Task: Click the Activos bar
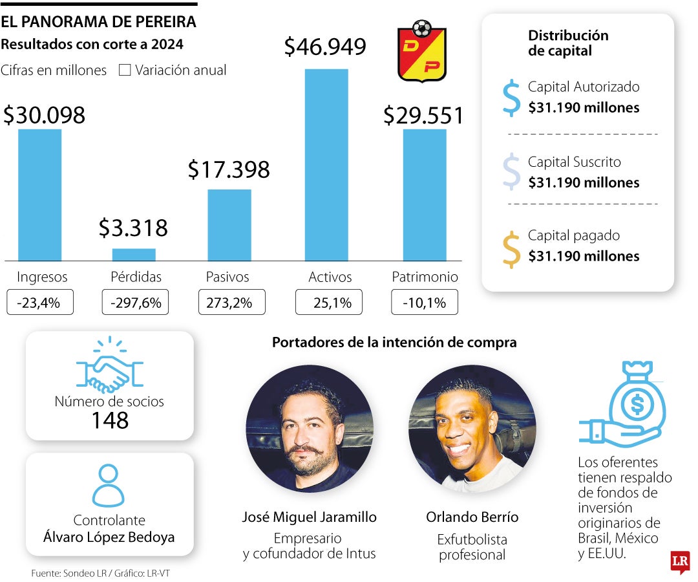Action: [x=326, y=165]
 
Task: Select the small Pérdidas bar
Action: [x=134, y=254]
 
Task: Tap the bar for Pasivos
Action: [x=229, y=224]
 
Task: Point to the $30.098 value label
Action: [x=44, y=115]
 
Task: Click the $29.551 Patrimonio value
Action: [x=423, y=115]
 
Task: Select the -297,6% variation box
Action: [x=136, y=303]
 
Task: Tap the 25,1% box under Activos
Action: [x=328, y=303]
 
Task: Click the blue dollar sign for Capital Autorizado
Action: [x=511, y=98]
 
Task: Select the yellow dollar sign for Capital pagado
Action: [x=511, y=249]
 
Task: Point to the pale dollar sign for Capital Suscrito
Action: [x=511, y=172]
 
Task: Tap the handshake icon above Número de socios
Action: [x=109, y=367]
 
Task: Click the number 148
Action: [x=109, y=421]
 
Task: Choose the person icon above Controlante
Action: [x=108, y=486]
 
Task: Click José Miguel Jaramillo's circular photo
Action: [x=310, y=429]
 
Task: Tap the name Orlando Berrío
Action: [x=472, y=517]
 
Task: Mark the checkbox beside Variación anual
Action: [x=125, y=70]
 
